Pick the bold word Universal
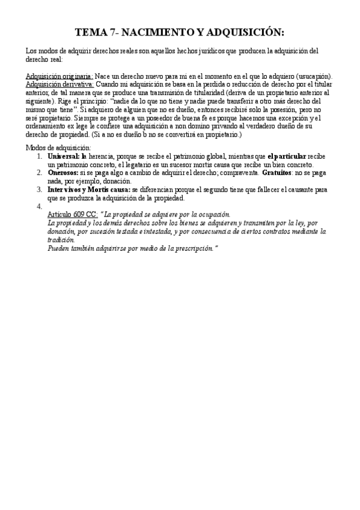tap(63, 156)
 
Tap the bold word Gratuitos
tap(278, 173)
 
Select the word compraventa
tap(238, 173)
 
